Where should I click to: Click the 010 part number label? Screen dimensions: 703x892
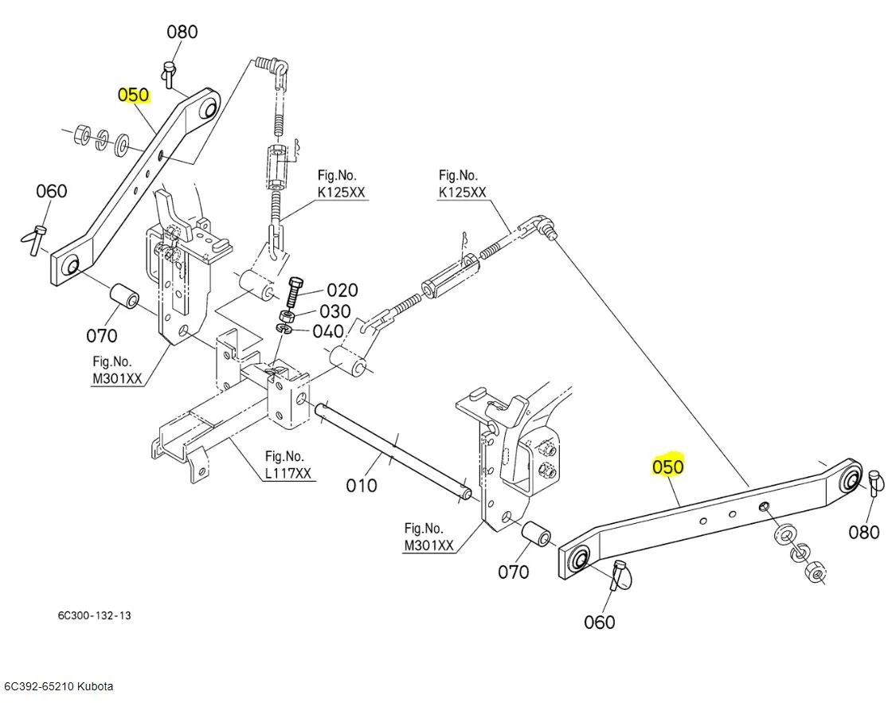(x=361, y=483)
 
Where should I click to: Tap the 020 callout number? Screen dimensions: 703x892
(x=342, y=291)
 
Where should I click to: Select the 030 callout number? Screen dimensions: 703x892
(x=335, y=311)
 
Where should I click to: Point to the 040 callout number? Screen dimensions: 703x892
(x=328, y=331)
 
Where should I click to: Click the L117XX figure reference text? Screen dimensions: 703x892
(x=288, y=474)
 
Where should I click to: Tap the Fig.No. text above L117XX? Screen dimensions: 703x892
(x=284, y=456)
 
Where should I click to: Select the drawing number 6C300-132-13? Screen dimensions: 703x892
(x=94, y=616)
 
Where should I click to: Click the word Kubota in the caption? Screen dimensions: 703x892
(x=96, y=686)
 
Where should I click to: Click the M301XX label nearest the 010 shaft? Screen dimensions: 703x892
(x=428, y=545)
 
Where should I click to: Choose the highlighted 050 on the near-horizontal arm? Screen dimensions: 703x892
(x=667, y=467)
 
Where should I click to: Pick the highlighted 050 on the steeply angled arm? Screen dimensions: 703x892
(x=133, y=95)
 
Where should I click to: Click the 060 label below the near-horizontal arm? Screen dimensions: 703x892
(x=599, y=622)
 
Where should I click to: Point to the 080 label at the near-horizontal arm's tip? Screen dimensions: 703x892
(x=863, y=532)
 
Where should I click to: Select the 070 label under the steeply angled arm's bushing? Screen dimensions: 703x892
(x=102, y=335)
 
